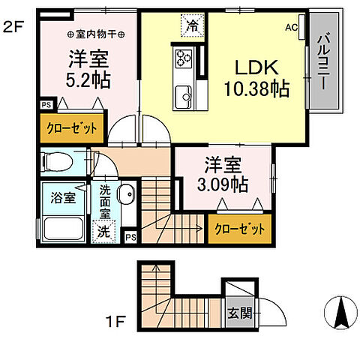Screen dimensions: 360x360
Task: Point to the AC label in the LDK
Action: pos(291,28)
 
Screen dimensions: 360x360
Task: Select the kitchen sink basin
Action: pos(184,94)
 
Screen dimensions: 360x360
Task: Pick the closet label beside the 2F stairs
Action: pos(239,229)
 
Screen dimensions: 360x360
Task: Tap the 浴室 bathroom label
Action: pos(62,199)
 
